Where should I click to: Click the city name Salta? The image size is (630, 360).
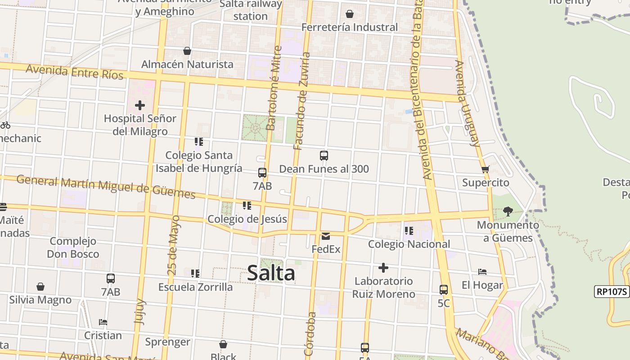pyautogui.click(x=271, y=273)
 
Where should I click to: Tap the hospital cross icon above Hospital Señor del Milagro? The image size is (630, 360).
pyautogui.click(x=140, y=106)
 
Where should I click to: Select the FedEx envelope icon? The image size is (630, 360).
pyautogui.click(x=326, y=236)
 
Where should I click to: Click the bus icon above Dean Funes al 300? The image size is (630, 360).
pyautogui.click(x=324, y=156)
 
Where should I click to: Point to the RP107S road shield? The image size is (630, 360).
pyautogui.click(x=612, y=292)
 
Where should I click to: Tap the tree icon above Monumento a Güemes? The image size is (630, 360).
pyautogui.click(x=508, y=211)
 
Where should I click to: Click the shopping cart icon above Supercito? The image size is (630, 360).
pyautogui.click(x=485, y=170)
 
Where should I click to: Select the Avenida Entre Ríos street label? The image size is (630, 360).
pyautogui.click(x=74, y=72)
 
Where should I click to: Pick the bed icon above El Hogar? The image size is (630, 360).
pyautogui.click(x=482, y=272)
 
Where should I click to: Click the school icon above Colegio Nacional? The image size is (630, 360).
pyautogui.click(x=409, y=231)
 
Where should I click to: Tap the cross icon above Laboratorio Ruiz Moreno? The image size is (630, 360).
pyautogui.click(x=383, y=268)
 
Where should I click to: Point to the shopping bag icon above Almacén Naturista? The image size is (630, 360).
pyautogui.click(x=187, y=51)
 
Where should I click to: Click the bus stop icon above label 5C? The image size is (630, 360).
pyautogui.click(x=444, y=290)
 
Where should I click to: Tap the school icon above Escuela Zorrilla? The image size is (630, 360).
pyautogui.click(x=195, y=274)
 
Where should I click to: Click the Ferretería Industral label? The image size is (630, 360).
pyautogui.click(x=349, y=27)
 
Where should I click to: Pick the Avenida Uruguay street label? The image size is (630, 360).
pyautogui.click(x=468, y=103)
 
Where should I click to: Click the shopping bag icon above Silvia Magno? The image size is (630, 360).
pyautogui.click(x=40, y=287)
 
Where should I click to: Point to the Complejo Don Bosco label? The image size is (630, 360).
pyautogui.click(x=73, y=247)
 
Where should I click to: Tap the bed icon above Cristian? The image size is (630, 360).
pyautogui.click(x=103, y=322)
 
